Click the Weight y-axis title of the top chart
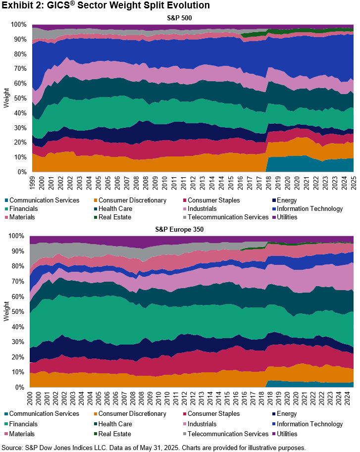pos(7,99)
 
